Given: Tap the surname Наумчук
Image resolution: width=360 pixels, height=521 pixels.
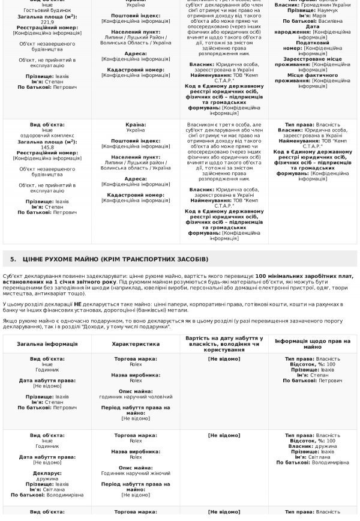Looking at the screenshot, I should click(x=327, y=10).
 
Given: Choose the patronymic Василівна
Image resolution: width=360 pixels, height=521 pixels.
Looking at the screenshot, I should click(x=330, y=21).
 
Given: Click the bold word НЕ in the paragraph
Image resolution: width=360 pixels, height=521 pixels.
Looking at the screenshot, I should click(x=78, y=304).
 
